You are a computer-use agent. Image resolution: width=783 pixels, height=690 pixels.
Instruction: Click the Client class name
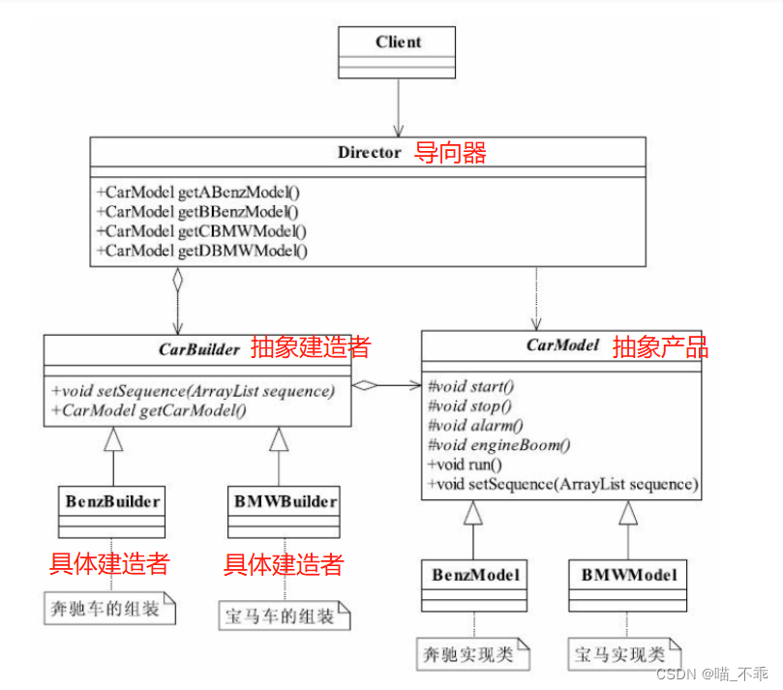398,42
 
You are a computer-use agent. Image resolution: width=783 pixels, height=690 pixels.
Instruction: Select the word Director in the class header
369,152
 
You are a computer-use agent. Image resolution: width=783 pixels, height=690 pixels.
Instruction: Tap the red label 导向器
450,152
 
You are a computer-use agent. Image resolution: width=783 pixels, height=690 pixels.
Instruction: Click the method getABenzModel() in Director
198,193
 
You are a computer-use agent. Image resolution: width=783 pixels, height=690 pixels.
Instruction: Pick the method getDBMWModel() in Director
201,252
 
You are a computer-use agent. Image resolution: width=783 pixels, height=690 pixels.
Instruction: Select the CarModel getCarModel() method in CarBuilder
153,410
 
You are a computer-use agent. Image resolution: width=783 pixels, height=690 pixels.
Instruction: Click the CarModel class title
563,345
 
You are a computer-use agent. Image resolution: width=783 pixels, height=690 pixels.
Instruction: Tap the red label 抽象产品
660,347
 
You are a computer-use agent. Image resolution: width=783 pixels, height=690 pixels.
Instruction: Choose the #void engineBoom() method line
498,445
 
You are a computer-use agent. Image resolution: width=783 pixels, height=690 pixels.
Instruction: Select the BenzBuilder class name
113,501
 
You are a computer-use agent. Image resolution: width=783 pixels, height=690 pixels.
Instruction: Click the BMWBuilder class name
286,501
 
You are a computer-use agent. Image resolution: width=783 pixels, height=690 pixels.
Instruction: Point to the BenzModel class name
473,575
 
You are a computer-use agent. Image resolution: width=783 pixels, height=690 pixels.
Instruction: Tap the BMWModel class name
628,575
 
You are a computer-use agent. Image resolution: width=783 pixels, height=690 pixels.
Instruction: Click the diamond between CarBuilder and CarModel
365,385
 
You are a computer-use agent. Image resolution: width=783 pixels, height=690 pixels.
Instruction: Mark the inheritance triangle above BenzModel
473,513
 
